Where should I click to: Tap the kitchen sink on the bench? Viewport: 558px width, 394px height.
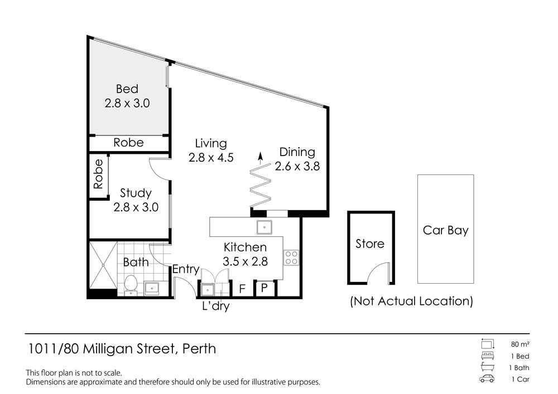(264, 227)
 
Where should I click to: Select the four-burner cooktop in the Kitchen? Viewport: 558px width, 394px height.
(291, 258)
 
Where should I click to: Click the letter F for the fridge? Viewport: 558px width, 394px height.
(242, 289)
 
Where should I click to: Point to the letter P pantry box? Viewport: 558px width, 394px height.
(264, 288)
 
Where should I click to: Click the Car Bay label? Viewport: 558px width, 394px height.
(445, 231)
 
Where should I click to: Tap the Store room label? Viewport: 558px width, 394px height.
(370, 244)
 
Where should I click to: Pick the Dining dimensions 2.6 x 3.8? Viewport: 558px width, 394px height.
(297, 166)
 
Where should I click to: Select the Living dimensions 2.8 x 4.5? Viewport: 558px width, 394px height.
(211, 157)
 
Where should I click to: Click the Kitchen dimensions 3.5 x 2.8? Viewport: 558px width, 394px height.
(245, 262)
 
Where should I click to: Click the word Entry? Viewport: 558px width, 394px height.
(186, 269)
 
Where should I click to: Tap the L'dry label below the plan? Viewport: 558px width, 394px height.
(215, 306)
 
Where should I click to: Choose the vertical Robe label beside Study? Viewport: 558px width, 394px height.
(98, 174)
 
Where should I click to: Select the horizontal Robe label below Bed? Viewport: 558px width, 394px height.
(128, 143)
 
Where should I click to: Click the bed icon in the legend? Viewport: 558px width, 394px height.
(487, 356)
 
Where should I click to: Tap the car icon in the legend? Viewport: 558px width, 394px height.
(487, 379)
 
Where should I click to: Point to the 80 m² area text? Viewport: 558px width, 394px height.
(520, 344)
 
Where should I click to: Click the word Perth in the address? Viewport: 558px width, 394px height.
(199, 348)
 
